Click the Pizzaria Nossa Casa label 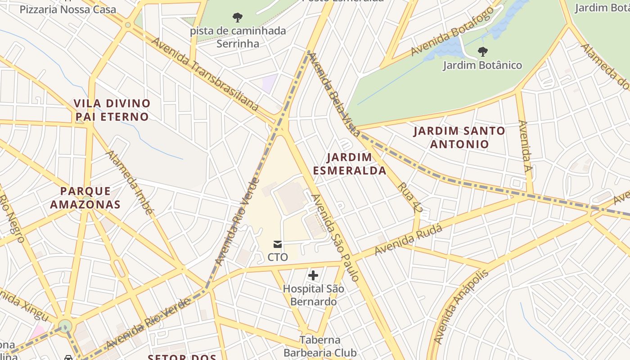tap(67, 9)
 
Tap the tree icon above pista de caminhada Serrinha tap(238, 18)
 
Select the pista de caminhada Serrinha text tap(238, 37)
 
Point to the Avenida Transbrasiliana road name tap(205, 74)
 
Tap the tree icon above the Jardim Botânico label tap(483, 51)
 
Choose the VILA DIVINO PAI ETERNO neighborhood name tap(112, 110)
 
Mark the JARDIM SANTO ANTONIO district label tap(459, 138)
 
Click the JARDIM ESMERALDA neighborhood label tap(350, 164)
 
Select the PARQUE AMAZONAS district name tap(85, 198)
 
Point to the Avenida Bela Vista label tap(334, 94)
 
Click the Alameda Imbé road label tap(130, 182)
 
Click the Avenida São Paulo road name tap(336, 238)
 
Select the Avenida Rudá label tap(408, 240)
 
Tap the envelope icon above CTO tap(278, 244)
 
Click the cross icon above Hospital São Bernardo tap(313, 275)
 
